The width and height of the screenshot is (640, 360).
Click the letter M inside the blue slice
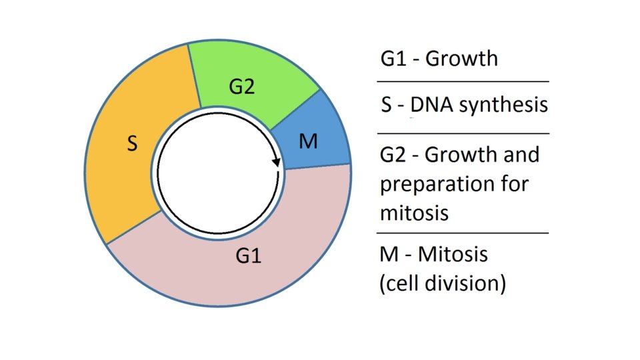[x=308, y=141]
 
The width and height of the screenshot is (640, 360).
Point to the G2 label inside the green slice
[x=241, y=87]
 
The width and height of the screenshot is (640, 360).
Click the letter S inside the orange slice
[x=133, y=143]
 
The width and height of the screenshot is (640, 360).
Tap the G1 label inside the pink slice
[x=249, y=255]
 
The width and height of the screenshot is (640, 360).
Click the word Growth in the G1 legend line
[x=461, y=59]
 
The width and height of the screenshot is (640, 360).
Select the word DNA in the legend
[x=433, y=105]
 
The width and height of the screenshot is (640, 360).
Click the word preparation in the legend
[x=435, y=184]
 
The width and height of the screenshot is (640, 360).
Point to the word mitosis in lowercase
[x=414, y=213]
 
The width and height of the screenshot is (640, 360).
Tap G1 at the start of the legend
[x=394, y=59]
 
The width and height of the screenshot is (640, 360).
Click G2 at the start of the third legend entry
[x=395, y=155]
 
